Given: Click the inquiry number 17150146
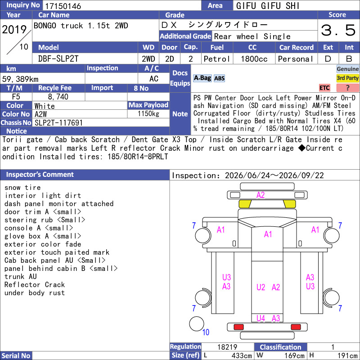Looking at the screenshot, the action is click(63, 6).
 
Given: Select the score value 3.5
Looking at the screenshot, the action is click(338, 30).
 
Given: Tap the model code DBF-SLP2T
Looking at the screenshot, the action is click(58, 59).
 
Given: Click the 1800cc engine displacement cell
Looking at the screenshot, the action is click(254, 59).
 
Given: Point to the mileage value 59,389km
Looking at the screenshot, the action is click(20, 79).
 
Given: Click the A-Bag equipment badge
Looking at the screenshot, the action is click(202, 78).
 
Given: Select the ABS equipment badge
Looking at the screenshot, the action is click(219, 78).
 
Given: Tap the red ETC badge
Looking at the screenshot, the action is click(324, 88).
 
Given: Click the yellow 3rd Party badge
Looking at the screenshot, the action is click(347, 78).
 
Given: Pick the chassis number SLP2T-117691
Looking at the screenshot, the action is click(58, 123).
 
